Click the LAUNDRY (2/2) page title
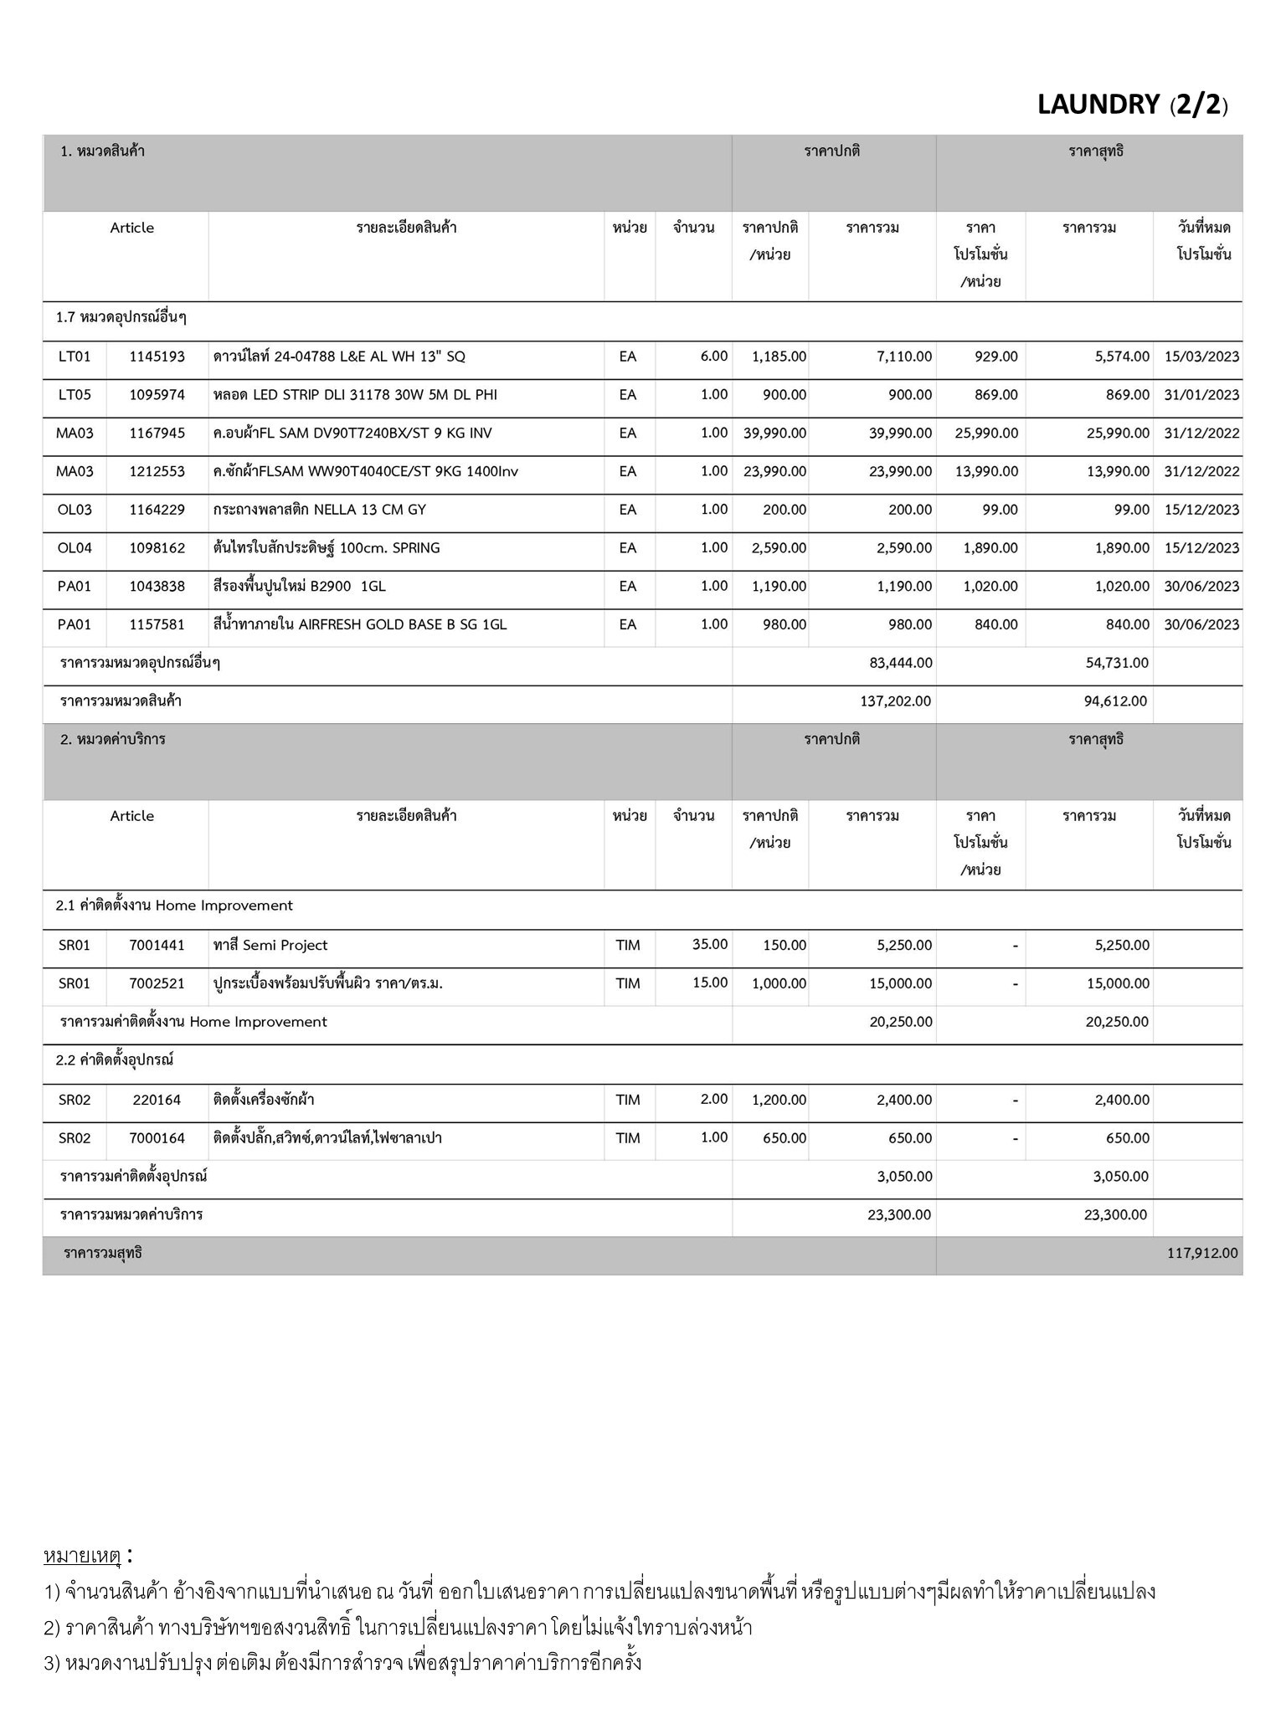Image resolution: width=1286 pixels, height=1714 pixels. click(x=1132, y=105)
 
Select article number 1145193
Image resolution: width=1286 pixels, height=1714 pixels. click(x=157, y=357)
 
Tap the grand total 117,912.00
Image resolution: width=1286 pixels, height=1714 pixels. click(x=1201, y=1253)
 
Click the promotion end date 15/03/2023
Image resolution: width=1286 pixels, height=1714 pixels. click(x=1201, y=357)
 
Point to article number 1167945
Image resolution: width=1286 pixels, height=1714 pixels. click(x=157, y=434)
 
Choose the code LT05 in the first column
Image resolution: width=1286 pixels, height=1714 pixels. click(x=75, y=395)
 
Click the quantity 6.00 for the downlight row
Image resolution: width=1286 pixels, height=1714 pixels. click(x=713, y=357)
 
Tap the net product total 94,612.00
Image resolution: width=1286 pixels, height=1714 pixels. click(x=1115, y=701)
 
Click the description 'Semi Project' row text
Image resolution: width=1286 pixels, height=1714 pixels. click(x=270, y=946)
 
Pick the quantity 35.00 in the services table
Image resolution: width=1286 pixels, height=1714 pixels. click(x=709, y=945)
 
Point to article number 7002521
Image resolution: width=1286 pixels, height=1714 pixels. click(x=157, y=984)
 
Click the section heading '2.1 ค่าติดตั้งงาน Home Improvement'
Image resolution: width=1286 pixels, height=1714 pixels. click(x=174, y=906)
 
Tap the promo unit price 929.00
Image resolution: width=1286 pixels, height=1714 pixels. click(x=995, y=357)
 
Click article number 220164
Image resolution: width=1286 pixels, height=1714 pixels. click(x=157, y=1100)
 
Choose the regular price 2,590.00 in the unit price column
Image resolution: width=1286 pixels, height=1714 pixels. click(x=779, y=548)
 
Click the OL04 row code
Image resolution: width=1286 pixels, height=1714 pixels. click(x=75, y=548)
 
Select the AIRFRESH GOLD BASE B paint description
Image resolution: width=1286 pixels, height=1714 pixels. click(x=360, y=625)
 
